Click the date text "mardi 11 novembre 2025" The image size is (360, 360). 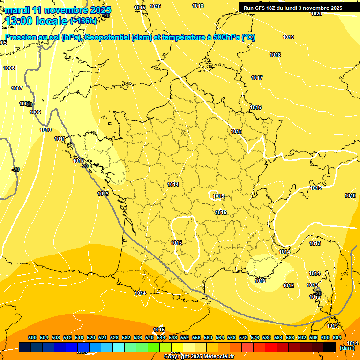[58, 10]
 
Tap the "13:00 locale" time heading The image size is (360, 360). [37, 21]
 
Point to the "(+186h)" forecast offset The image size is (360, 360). [83, 21]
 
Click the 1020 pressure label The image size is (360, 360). [316, 14]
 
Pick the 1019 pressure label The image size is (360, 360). [288, 37]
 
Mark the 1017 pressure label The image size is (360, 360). [257, 78]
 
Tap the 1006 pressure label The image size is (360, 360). [9, 68]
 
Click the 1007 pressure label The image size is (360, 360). [17, 88]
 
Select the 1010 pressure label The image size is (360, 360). [45, 130]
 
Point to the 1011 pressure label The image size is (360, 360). [60, 139]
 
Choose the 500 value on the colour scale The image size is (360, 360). [32, 337]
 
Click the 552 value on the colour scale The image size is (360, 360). [185, 337]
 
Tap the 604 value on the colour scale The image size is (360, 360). [337, 337]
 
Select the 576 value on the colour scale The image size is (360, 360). [255, 337]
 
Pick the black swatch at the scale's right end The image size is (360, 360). [330, 347]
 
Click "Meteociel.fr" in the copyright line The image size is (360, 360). [217, 357]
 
